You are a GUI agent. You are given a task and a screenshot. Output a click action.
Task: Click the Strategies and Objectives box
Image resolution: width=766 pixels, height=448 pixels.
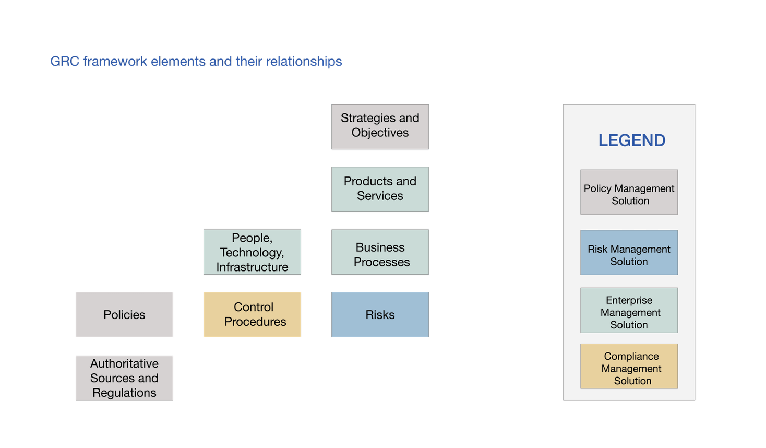pyautogui.click(x=380, y=127)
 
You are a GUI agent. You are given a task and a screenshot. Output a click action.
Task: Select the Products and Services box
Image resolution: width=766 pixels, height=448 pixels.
pyautogui.click(x=380, y=189)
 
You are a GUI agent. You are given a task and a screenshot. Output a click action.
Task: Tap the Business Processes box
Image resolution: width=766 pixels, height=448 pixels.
pyautogui.click(x=380, y=252)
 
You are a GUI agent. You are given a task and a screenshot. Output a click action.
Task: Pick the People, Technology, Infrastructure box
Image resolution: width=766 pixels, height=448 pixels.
pyautogui.click(x=252, y=252)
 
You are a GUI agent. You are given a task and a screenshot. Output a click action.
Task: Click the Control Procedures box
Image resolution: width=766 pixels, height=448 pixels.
pyautogui.click(x=252, y=314)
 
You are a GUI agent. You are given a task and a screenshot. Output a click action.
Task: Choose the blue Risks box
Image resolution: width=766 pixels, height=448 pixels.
pyautogui.click(x=380, y=314)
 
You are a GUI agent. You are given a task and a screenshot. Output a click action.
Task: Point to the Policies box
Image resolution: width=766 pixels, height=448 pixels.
pyautogui.click(x=124, y=314)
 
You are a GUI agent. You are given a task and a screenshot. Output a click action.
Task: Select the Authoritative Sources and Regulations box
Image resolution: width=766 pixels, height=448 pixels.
pyautogui.click(x=124, y=378)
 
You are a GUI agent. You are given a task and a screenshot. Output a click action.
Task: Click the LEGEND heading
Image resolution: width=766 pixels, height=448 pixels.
pyautogui.click(x=631, y=140)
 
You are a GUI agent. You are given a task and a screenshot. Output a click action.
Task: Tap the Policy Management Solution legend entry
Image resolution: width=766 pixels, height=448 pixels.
pyautogui.click(x=629, y=192)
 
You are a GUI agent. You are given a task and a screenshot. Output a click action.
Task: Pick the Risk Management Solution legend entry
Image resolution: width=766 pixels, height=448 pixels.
pyautogui.click(x=629, y=253)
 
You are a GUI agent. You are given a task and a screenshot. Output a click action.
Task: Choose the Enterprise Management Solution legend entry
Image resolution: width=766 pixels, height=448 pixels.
pyautogui.click(x=629, y=310)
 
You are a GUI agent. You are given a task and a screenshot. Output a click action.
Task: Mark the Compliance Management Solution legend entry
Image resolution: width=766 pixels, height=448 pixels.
pyautogui.click(x=629, y=366)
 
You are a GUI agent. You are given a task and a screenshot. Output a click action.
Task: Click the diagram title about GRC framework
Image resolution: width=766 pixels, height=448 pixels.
pyautogui.click(x=196, y=62)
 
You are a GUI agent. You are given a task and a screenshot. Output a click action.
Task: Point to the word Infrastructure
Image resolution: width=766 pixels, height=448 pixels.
pyautogui.click(x=252, y=267)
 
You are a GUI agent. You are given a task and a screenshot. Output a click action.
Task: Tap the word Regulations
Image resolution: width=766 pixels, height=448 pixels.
pyautogui.click(x=124, y=393)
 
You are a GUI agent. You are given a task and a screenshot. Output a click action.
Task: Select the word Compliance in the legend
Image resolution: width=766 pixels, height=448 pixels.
pyautogui.click(x=631, y=356)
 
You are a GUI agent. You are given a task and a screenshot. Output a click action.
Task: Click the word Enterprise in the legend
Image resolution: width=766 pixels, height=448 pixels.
pyautogui.click(x=629, y=300)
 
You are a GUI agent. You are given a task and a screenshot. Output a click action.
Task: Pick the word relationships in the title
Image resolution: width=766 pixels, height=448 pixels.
pyautogui.click(x=304, y=62)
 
